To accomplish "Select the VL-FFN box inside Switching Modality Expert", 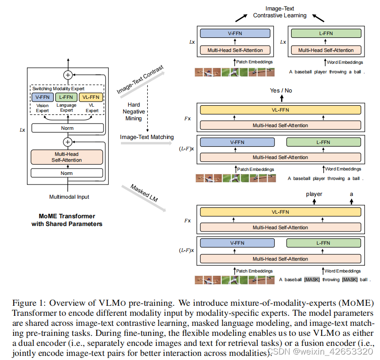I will [x=91, y=97].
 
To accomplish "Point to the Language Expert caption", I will [x=67, y=108].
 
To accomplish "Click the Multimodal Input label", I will [x=69, y=197].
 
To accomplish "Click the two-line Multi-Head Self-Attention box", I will [x=67, y=157].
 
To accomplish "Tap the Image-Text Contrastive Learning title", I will [x=280, y=12].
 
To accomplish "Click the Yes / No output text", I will [x=281, y=90].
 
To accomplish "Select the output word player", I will [x=314, y=194].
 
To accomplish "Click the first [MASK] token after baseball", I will [x=312, y=279].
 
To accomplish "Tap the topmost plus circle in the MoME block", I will [x=68, y=75].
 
